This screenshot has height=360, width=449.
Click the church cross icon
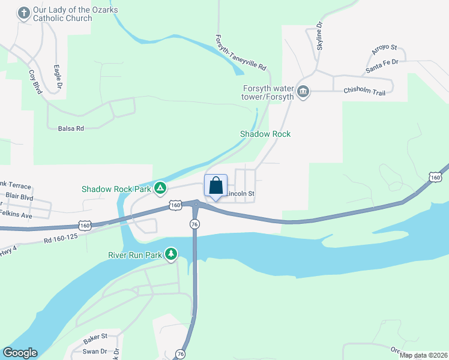24,13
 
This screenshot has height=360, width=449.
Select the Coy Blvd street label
35,82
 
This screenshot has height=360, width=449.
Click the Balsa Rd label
70,128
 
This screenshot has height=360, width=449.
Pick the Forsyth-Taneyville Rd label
240,52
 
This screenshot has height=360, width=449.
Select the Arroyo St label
385,47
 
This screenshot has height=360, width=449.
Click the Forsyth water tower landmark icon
303,91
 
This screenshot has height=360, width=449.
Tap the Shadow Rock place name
265,134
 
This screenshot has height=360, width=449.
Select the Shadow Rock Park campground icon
160,189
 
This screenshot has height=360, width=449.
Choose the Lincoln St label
241,194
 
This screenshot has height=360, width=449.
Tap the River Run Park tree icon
172,254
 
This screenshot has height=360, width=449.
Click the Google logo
20,353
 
